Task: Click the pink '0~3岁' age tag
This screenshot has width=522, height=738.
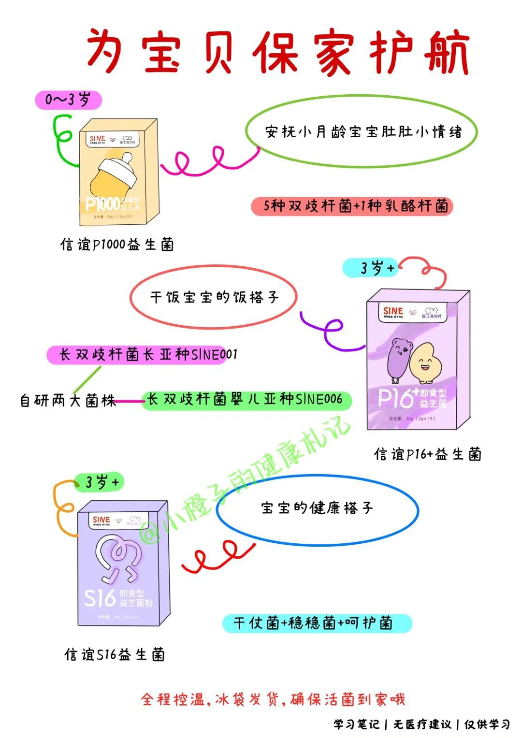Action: (x=68, y=100)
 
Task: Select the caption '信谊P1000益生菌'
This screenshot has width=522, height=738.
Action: (x=117, y=245)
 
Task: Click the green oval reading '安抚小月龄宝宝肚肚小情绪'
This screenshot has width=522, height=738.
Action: (x=362, y=131)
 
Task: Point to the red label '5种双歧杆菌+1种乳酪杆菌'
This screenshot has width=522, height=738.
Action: (x=352, y=206)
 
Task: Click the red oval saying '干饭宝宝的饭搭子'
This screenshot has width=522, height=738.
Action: (x=213, y=297)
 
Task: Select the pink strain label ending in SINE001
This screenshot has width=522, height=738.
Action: (x=143, y=355)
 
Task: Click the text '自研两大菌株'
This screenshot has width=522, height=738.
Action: (x=68, y=401)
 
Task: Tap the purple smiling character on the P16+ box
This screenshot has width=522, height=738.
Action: (x=397, y=362)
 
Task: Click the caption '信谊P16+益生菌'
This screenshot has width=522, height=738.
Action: (x=428, y=454)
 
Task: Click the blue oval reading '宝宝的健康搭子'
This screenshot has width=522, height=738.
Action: (x=317, y=508)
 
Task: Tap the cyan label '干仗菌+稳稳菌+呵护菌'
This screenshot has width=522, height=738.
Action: (x=317, y=623)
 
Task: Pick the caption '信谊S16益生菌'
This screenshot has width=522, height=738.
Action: (x=115, y=655)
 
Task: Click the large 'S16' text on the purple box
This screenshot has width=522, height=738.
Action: (x=100, y=598)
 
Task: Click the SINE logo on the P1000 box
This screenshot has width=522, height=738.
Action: (x=97, y=139)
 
